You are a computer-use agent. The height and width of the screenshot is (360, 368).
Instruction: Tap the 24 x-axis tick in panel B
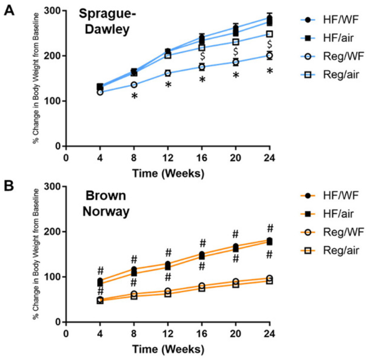(x=270, y=332)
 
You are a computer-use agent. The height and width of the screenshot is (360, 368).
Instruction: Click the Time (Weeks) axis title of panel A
(x=168, y=173)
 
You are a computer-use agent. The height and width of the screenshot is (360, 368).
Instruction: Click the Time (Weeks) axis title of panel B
(x=168, y=349)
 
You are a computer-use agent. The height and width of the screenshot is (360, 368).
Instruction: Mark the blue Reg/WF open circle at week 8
(x=134, y=85)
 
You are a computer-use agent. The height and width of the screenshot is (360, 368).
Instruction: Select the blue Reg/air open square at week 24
(x=270, y=34)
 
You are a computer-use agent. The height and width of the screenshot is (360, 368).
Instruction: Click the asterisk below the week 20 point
(x=236, y=75)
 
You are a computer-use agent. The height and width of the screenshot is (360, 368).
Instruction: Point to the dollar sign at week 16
(x=202, y=55)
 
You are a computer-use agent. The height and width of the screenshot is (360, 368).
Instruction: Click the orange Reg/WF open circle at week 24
(x=270, y=278)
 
